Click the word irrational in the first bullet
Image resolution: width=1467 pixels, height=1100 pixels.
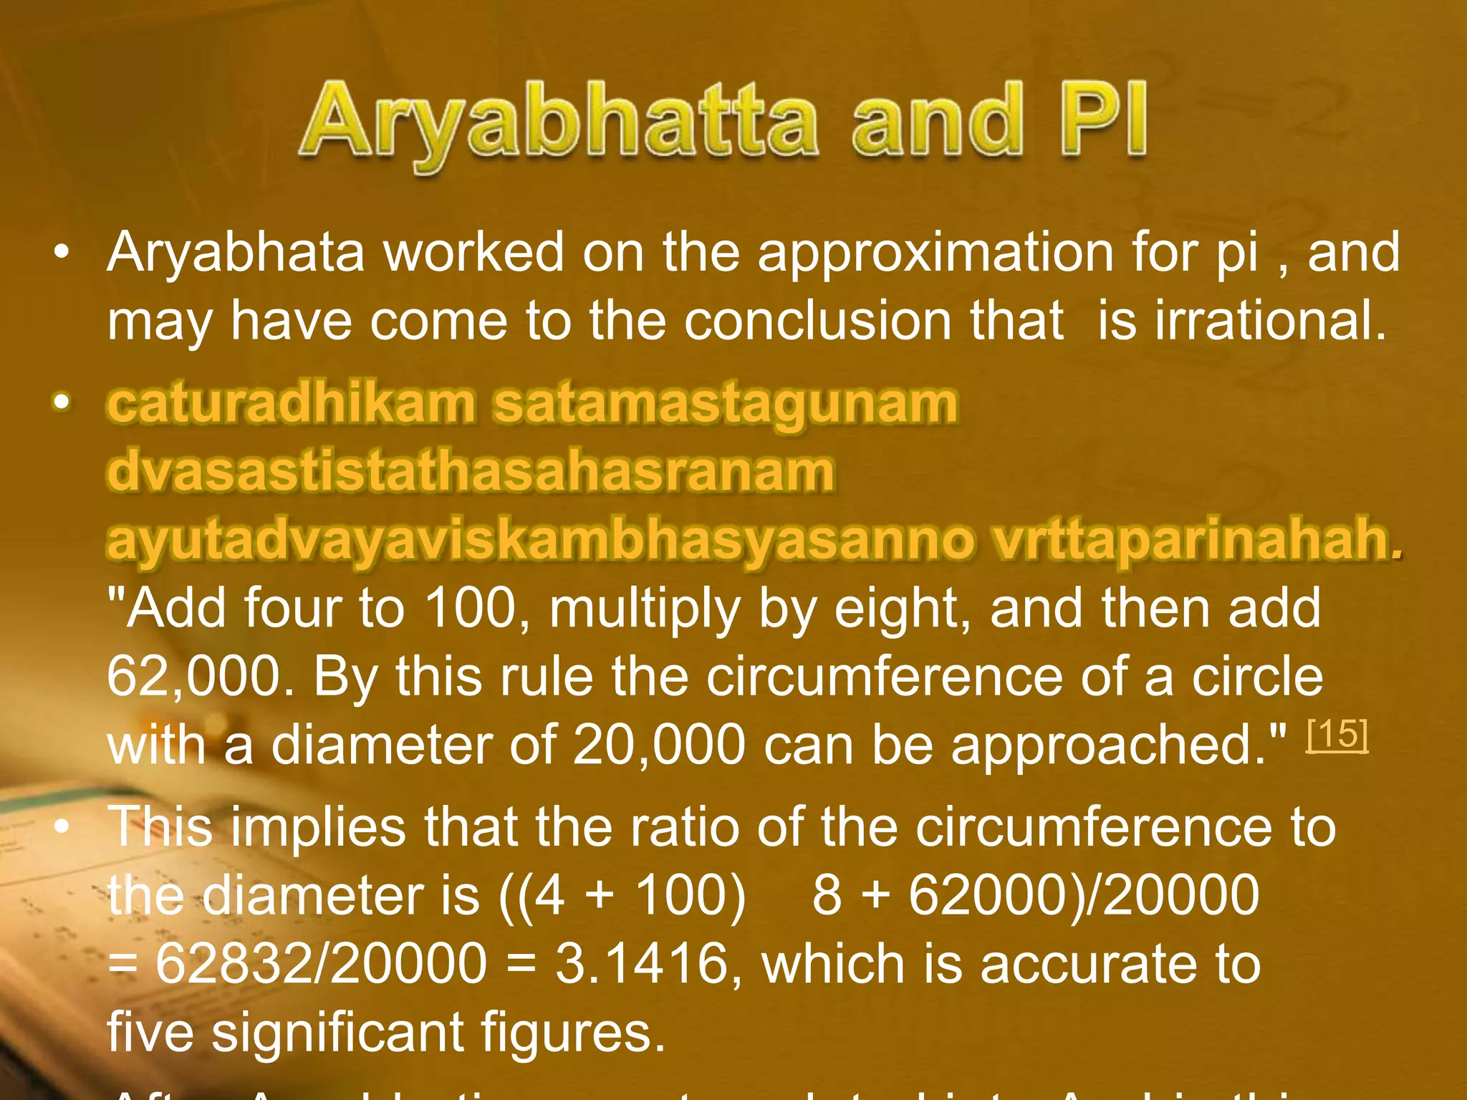[x=1270, y=320]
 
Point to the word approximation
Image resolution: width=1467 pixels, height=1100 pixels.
[x=936, y=252]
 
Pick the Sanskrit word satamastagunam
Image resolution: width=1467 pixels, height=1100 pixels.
[x=725, y=402]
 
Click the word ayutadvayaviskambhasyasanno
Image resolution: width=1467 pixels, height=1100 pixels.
[x=541, y=539]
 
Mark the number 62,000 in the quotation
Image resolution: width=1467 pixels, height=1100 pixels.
[x=192, y=676]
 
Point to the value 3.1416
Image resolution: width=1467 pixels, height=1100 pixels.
[x=642, y=963]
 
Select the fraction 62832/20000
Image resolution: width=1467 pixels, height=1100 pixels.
[x=321, y=963]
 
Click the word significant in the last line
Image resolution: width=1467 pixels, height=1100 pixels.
[x=337, y=1031]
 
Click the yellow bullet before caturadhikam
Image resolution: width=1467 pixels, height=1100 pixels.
[x=62, y=402]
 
